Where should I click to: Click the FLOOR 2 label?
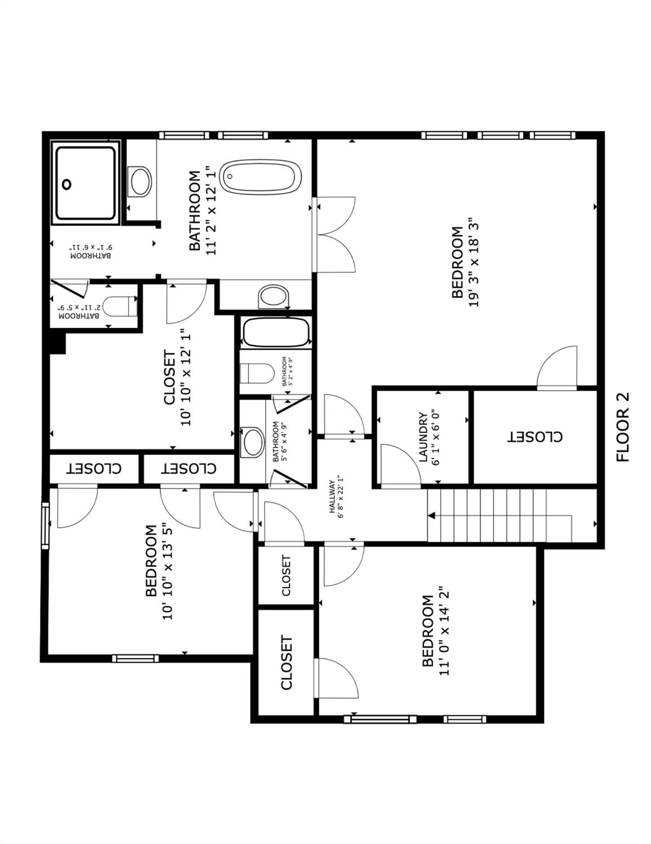[623, 427]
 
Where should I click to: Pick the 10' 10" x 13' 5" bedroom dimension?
[168, 573]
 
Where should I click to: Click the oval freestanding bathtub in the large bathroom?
[260, 177]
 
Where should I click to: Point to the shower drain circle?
[67, 185]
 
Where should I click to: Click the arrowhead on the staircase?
[431, 515]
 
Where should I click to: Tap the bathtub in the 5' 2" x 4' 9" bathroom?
[276, 332]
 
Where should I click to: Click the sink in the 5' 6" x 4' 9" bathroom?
[253, 442]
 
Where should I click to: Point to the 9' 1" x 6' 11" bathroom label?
[90, 252]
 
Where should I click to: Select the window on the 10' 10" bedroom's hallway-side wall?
[46, 525]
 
